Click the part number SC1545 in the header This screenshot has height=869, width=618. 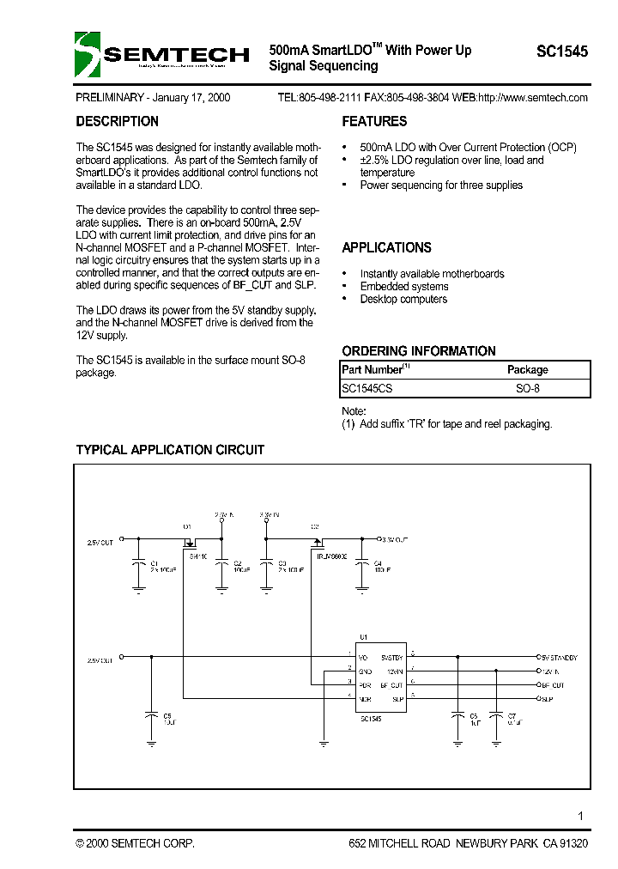pyautogui.click(x=562, y=52)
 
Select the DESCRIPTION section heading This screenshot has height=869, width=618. pyautogui.click(x=117, y=122)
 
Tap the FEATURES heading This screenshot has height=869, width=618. pyautogui.click(x=374, y=122)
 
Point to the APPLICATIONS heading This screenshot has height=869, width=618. pyautogui.click(x=386, y=248)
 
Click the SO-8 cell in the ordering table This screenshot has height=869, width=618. pyautogui.click(x=527, y=388)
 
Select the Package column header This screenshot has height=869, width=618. pyautogui.click(x=527, y=369)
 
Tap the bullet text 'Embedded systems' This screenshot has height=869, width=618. pyautogui.click(x=403, y=287)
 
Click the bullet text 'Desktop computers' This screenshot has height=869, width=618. pyautogui.click(x=403, y=300)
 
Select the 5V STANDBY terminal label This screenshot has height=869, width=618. pyautogui.click(x=559, y=656)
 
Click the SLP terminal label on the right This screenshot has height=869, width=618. pyautogui.click(x=547, y=700)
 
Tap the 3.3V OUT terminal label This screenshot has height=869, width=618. pyautogui.click(x=395, y=538)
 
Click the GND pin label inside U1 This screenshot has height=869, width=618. pyautogui.click(x=365, y=671)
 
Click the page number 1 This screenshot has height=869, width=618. pyautogui.click(x=581, y=816)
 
